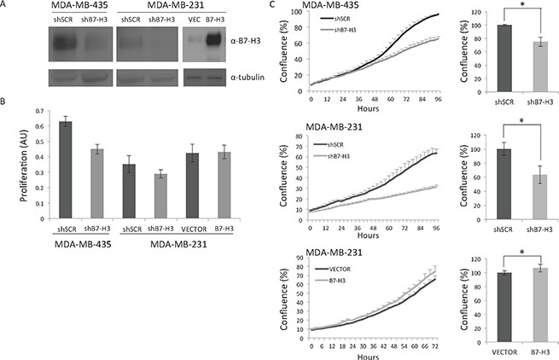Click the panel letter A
coord(5,7)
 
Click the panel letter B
coord(5,100)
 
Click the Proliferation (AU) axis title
coord(11,162)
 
